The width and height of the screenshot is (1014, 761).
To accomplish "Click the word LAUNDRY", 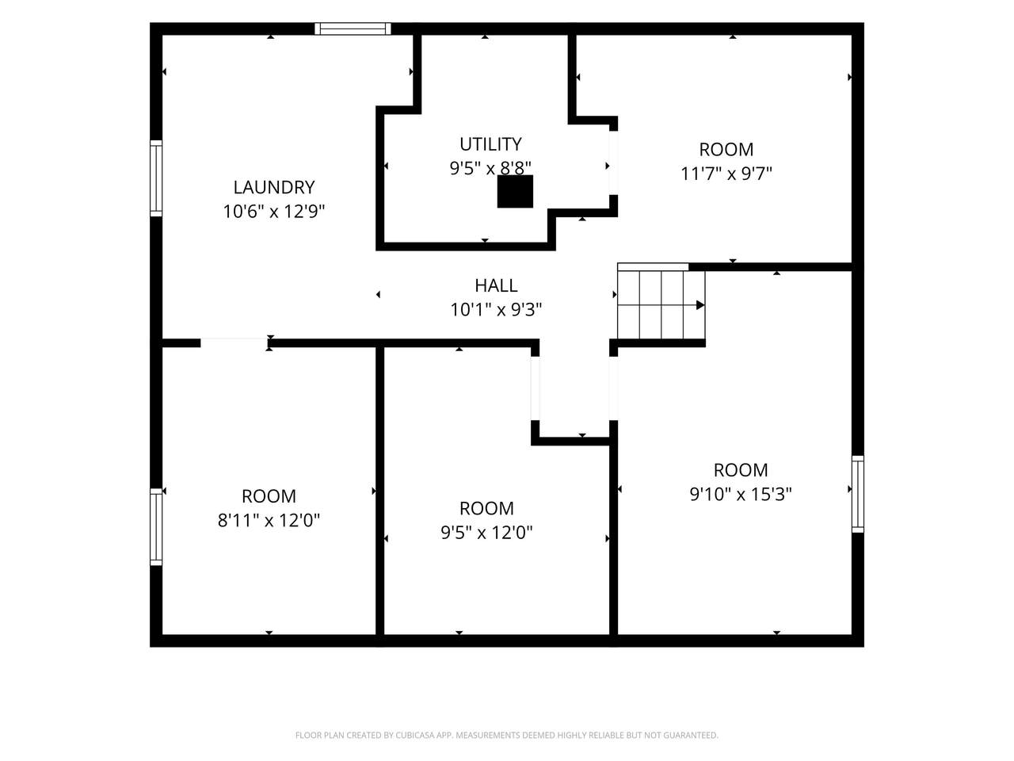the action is pyautogui.click(x=274, y=187).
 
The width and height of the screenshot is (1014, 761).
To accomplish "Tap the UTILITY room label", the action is pyautogui.click(x=490, y=144).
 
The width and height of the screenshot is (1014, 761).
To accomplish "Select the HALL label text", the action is pyautogui.click(x=496, y=285).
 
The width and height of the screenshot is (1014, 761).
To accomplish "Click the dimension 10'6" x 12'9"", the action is pyautogui.click(x=274, y=212).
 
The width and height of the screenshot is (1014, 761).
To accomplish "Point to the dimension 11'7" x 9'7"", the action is pyautogui.click(x=726, y=174).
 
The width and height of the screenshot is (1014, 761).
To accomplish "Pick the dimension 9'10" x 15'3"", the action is pyautogui.click(x=741, y=495).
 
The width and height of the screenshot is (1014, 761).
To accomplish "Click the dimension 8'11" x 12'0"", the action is pyautogui.click(x=269, y=521).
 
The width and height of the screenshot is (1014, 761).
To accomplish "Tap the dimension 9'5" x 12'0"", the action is pyautogui.click(x=486, y=533).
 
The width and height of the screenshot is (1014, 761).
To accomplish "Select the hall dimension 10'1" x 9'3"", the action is pyautogui.click(x=496, y=310).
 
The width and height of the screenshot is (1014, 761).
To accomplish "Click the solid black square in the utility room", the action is pyautogui.click(x=515, y=191).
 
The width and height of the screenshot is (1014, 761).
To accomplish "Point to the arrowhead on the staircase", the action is pyautogui.click(x=700, y=305).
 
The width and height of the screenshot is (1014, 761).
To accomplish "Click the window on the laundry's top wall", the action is pyautogui.click(x=353, y=29).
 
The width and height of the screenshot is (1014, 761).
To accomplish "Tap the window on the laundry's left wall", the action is pyautogui.click(x=156, y=178).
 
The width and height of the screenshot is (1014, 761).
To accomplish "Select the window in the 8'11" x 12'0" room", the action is pyautogui.click(x=156, y=526).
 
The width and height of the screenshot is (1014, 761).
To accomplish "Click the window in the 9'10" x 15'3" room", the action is pyautogui.click(x=858, y=494).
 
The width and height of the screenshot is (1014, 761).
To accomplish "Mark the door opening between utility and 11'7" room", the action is pyautogui.click(x=613, y=163).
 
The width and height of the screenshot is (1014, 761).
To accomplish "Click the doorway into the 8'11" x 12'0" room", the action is pyautogui.click(x=234, y=342).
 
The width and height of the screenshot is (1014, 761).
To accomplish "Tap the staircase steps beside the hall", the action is pyautogui.click(x=661, y=305).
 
